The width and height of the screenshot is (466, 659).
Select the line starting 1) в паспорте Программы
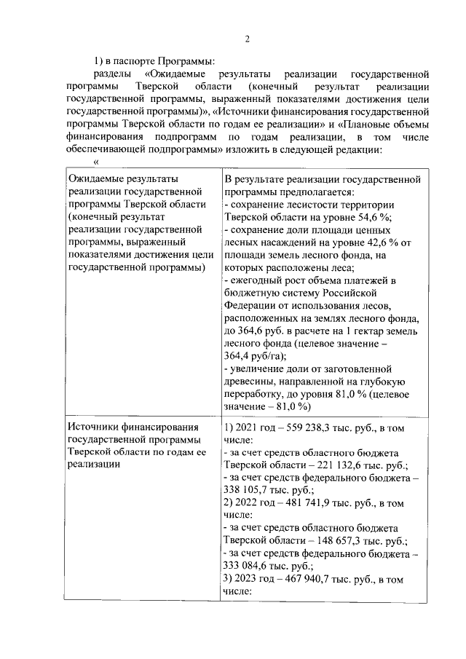point(154,60)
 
